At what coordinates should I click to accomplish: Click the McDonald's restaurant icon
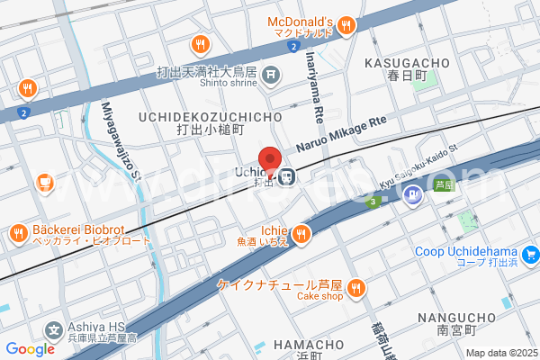coord(345,27)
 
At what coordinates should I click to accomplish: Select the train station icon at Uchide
coord(286,176)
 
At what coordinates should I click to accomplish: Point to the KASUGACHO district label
coord(406,63)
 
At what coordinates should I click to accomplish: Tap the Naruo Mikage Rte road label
coord(341,131)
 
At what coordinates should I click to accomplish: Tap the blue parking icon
coord(412,193)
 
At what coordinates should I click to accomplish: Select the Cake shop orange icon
coord(357,288)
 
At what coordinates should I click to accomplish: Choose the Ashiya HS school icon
coord(53,330)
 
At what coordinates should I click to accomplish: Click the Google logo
coord(30,349)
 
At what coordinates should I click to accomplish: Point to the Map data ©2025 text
coord(499,353)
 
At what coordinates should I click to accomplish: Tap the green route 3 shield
coord(372,201)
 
